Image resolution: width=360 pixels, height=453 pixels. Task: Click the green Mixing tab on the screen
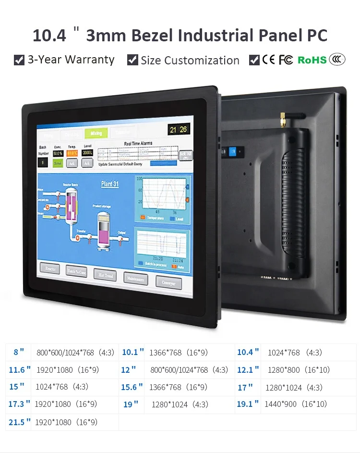(x=96, y=133)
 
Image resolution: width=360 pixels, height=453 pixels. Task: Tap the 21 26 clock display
(x=178, y=129)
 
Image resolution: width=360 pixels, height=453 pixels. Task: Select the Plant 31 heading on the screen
(x=110, y=184)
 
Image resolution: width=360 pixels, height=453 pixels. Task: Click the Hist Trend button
(x=105, y=275)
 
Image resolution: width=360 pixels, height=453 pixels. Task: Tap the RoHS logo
(x=312, y=60)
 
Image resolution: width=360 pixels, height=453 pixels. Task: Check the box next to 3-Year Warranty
(x=19, y=60)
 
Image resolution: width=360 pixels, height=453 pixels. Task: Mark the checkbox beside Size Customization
(x=132, y=60)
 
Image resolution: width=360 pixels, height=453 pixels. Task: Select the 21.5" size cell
(x=19, y=422)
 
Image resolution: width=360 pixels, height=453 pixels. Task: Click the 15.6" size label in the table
(x=132, y=387)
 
